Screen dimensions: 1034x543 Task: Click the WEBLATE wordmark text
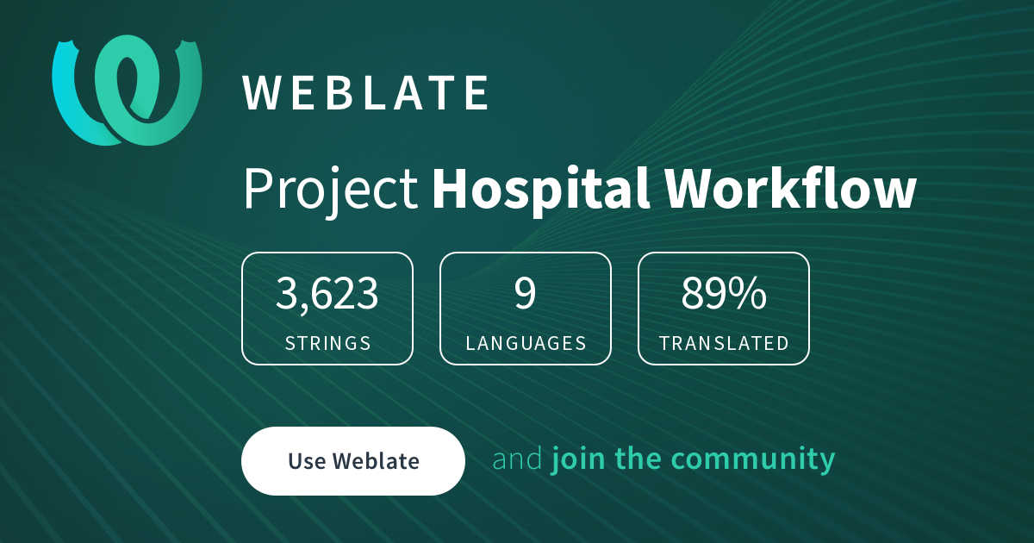click(365, 93)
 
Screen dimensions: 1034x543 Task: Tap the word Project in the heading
click(331, 190)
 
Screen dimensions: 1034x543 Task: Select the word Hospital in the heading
click(541, 190)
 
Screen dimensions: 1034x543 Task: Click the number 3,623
click(327, 294)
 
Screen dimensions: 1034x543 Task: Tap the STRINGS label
click(327, 343)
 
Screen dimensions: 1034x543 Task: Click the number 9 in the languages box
click(526, 293)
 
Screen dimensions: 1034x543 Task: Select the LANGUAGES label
click(526, 343)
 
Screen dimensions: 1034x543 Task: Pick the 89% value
click(723, 293)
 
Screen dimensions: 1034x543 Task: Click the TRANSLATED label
click(724, 343)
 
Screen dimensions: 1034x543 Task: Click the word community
click(753, 460)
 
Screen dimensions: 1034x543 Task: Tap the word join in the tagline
click(578, 459)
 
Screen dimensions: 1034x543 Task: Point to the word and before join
click(517, 459)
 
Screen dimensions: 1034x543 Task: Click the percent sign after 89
click(751, 293)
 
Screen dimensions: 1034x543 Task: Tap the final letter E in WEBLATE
click(477, 93)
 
